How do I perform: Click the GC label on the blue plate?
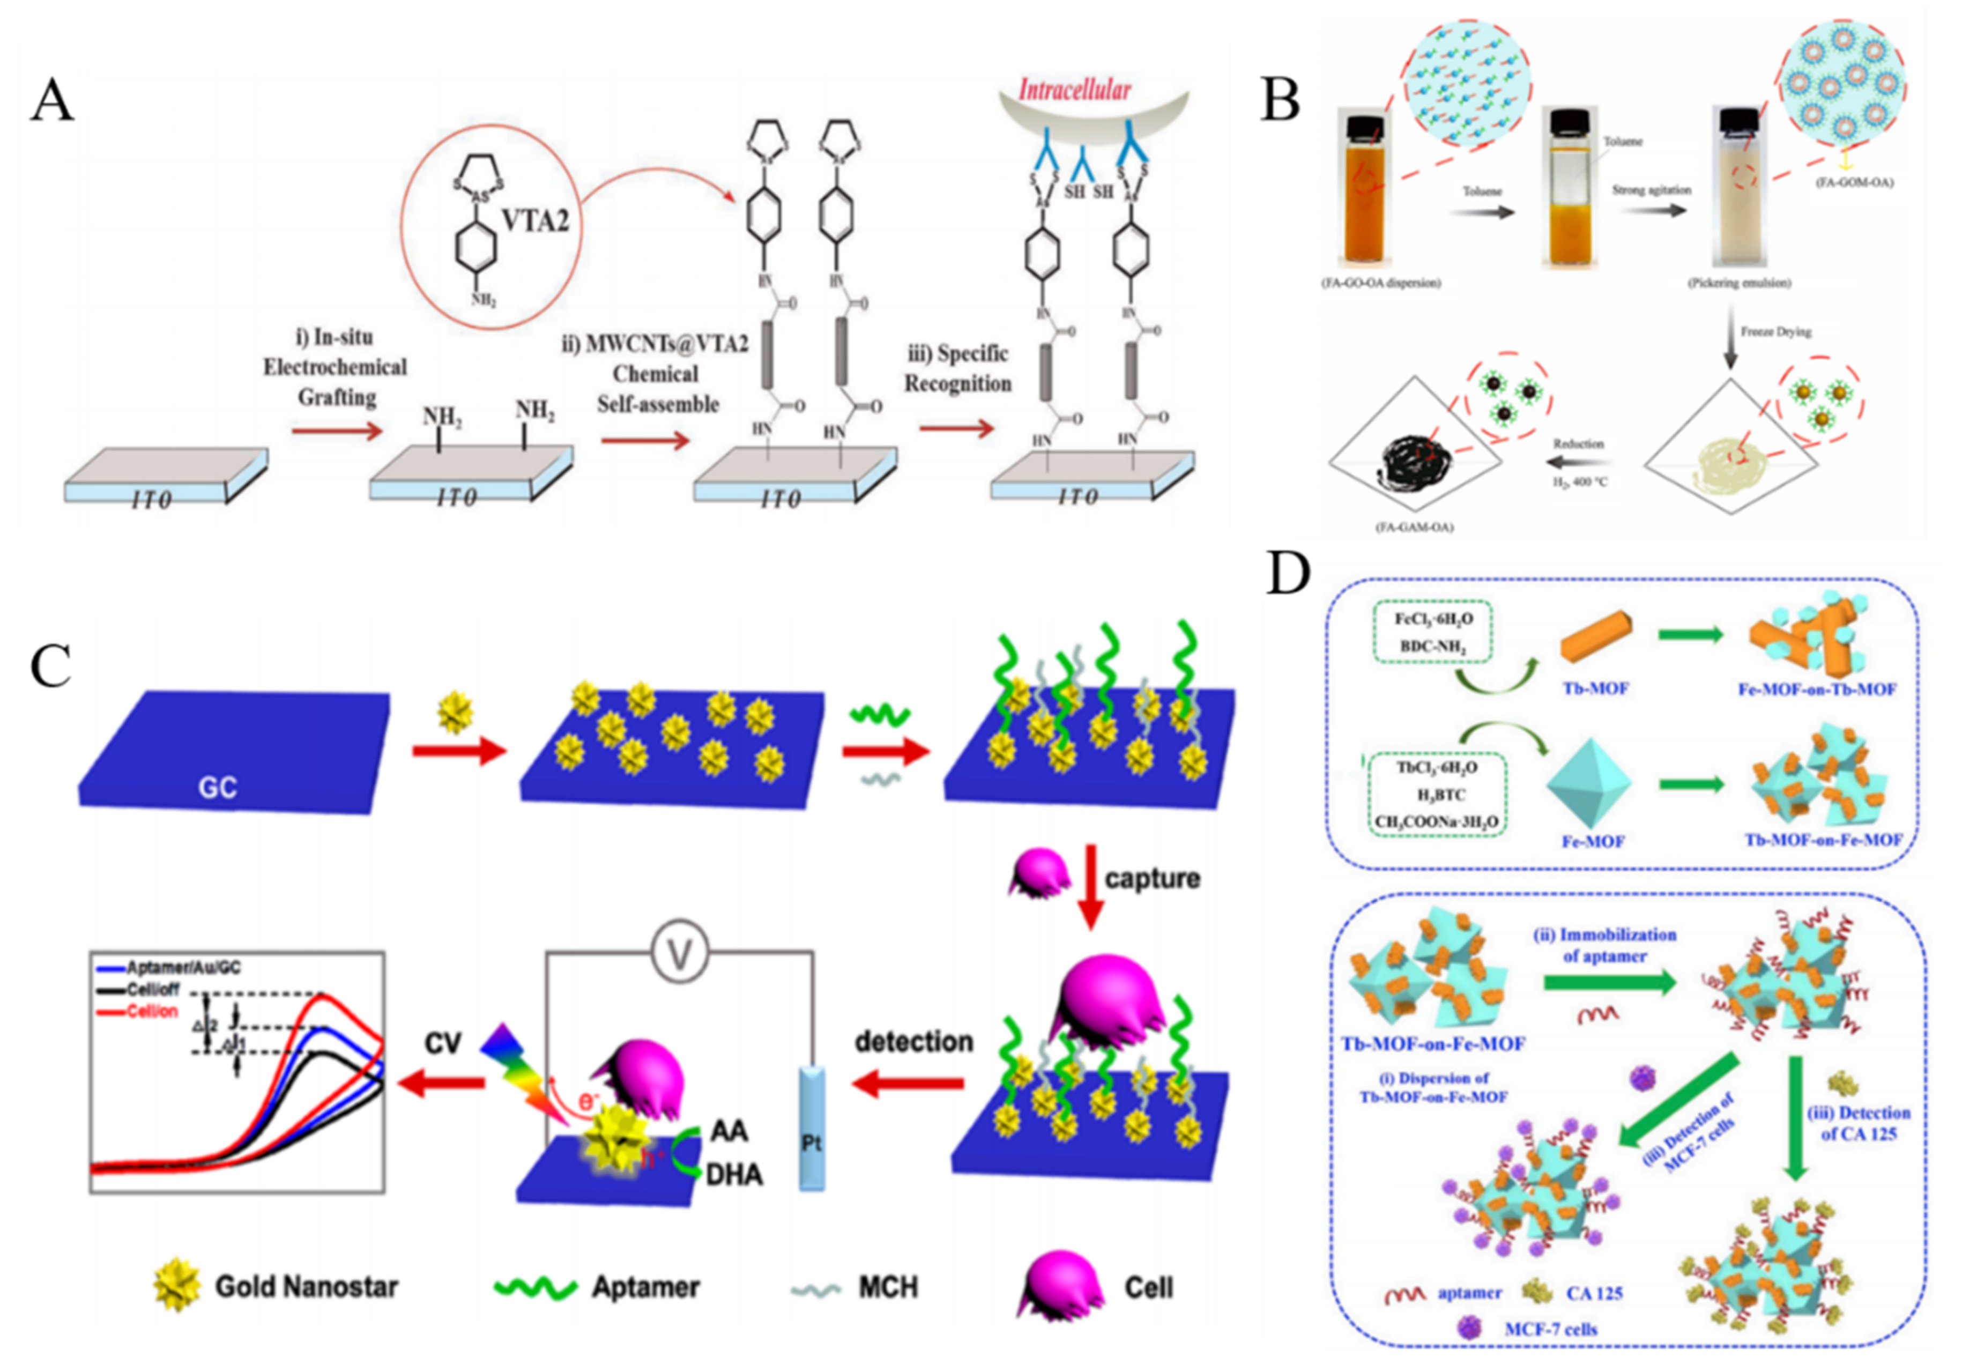click(217, 787)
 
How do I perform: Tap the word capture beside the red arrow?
click(1152, 878)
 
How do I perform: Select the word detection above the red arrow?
click(913, 1041)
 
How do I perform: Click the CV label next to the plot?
click(443, 1043)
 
